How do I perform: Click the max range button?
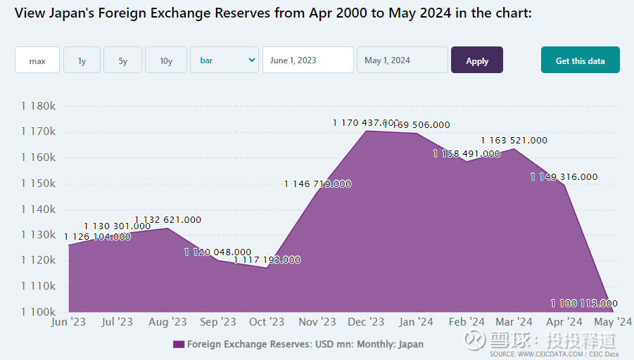37,60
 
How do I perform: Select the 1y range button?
82,60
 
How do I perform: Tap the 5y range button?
123,60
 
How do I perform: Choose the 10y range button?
166,60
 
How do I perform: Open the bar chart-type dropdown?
224,60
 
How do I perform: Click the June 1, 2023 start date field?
308,60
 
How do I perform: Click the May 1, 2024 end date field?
402,60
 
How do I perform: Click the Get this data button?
580,60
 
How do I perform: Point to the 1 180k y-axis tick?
38,106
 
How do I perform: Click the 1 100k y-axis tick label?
38,311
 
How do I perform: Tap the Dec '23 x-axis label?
367,322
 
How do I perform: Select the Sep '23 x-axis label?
218,322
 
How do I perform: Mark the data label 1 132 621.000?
167,220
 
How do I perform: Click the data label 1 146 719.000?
317,184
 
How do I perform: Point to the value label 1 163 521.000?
514,141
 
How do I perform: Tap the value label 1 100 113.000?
584,304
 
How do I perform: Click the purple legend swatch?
178,345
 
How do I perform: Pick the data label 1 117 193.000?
267,260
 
